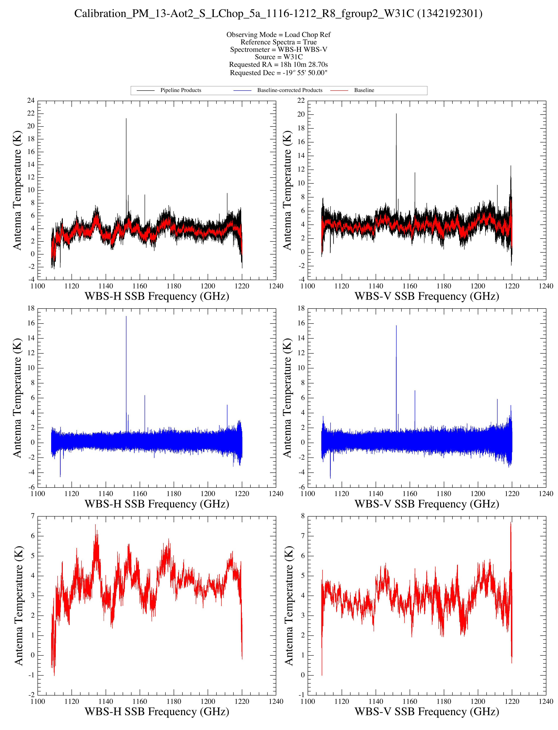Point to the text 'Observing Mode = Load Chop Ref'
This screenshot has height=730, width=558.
point(278,35)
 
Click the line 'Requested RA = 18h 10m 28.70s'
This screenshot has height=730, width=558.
point(278,64)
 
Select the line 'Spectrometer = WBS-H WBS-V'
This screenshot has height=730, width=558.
point(278,50)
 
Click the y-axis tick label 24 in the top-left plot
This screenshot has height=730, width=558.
point(31,101)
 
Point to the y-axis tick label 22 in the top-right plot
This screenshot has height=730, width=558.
point(301,101)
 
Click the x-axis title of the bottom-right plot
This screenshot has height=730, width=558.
point(427,712)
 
